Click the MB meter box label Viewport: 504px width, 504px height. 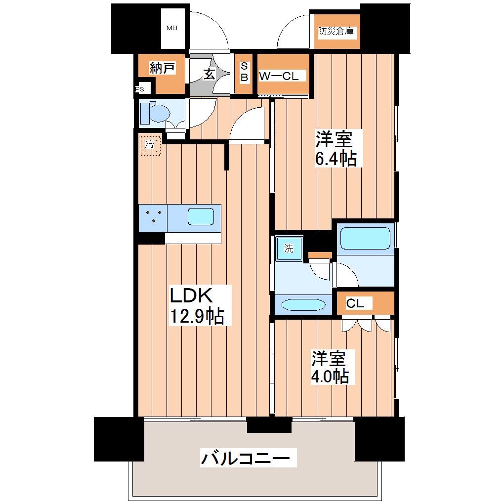(x=172, y=28)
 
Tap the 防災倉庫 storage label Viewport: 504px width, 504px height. (x=336, y=31)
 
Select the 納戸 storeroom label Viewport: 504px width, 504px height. (x=163, y=68)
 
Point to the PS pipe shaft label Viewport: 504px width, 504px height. (x=139, y=89)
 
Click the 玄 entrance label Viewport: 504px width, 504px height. (x=209, y=74)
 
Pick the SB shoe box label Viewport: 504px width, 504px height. (x=244, y=72)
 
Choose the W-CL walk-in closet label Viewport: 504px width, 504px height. (x=279, y=76)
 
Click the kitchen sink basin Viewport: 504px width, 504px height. (x=201, y=216)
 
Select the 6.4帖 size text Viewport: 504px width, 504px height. (x=336, y=159)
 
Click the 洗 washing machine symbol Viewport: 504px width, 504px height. (x=289, y=249)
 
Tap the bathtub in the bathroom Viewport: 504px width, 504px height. (x=366, y=238)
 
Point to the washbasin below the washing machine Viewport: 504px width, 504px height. (x=303, y=305)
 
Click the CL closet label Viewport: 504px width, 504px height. (x=355, y=303)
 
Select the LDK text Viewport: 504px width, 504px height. (x=191, y=295)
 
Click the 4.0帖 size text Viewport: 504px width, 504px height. (x=330, y=376)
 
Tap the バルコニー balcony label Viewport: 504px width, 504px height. (x=245, y=458)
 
